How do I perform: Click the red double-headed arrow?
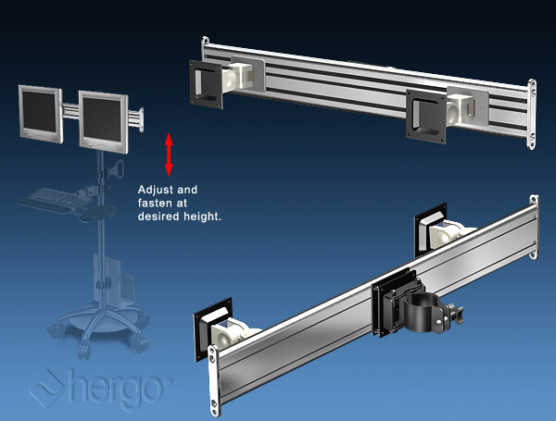click(169, 155)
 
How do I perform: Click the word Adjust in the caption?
click(154, 190)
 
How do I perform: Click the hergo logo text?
click(119, 389)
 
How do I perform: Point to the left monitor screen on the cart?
click(39, 112)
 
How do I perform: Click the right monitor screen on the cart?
click(103, 119)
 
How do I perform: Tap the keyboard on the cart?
click(56, 199)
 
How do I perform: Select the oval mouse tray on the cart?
click(97, 213)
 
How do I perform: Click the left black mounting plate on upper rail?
click(206, 84)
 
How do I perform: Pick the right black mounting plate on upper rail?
click(426, 117)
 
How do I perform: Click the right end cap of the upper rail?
click(532, 115)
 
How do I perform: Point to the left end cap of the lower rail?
click(214, 380)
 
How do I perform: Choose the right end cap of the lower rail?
click(534, 227)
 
